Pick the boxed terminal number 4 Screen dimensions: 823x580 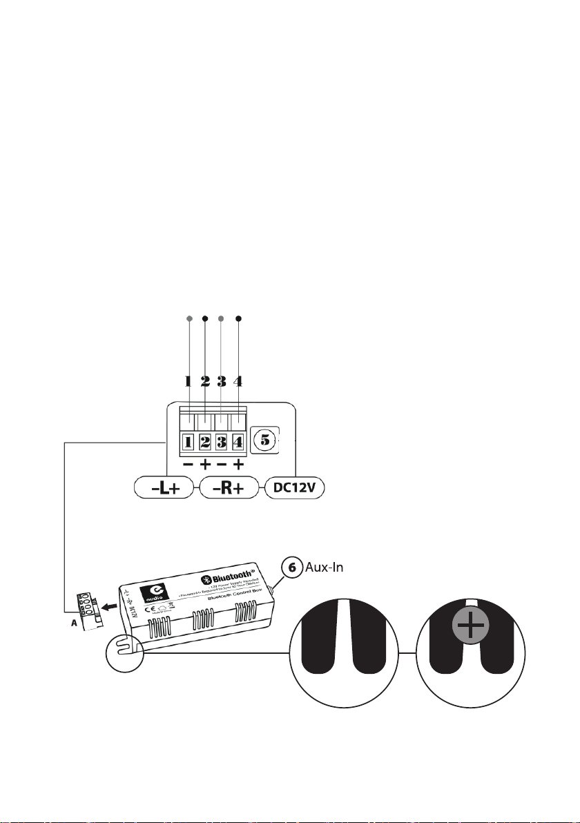point(238,441)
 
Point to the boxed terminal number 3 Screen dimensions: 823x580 point(222,441)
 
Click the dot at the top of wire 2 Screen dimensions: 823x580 point(205,319)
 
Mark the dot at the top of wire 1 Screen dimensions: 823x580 point(188,319)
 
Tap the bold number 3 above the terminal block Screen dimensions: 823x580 point(222,380)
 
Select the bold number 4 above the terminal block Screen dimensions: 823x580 point(239,380)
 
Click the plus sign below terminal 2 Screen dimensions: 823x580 point(205,465)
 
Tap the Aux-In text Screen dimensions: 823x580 point(325,568)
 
